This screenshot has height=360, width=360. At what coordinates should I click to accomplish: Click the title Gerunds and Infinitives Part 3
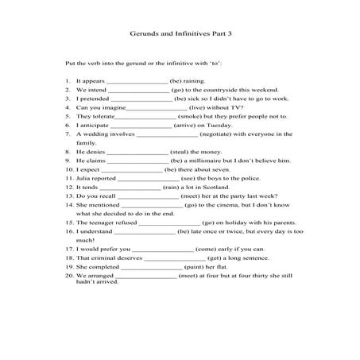[x=180, y=34]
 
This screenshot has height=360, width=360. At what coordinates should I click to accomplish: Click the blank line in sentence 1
[x=137, y=82]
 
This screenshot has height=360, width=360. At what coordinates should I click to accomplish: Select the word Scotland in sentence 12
[x=220, y=187]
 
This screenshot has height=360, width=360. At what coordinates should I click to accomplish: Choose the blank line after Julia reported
[x=147, y=178]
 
